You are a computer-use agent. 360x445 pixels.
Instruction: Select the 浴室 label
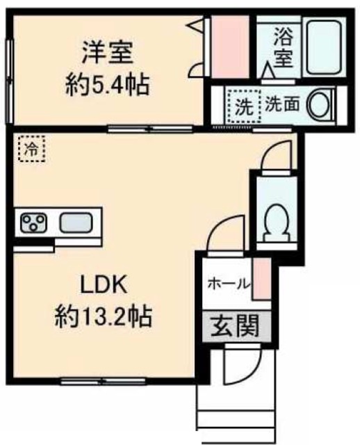pos(282,46)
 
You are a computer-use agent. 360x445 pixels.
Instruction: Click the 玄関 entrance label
pos(230,325)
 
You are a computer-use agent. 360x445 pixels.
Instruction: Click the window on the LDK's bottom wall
pos(104,381)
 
